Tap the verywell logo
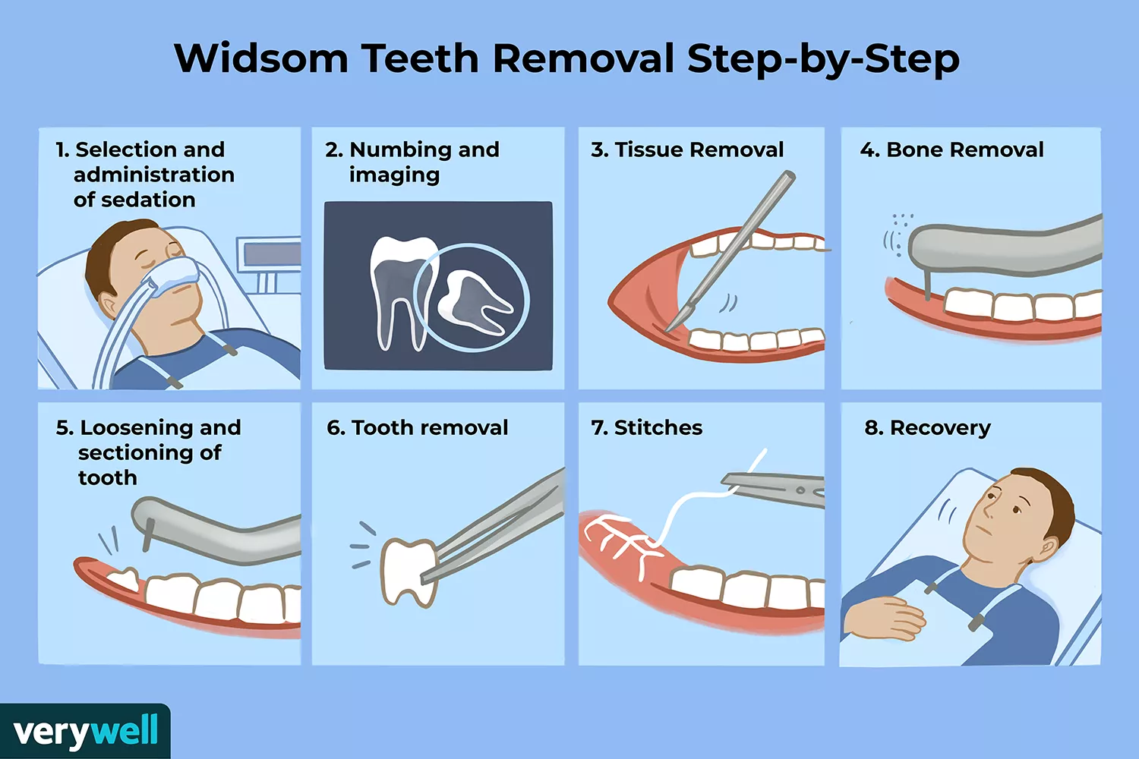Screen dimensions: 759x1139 pos(85,732)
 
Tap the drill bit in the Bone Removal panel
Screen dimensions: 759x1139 pos(927,287)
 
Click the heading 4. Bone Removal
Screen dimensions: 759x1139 pos(951,150)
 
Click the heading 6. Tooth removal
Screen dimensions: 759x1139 pos(417,428)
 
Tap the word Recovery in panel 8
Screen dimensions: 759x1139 pos(939,428)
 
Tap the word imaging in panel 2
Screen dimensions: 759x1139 pos(394,175)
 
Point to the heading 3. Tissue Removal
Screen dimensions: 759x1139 pos(687,150)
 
